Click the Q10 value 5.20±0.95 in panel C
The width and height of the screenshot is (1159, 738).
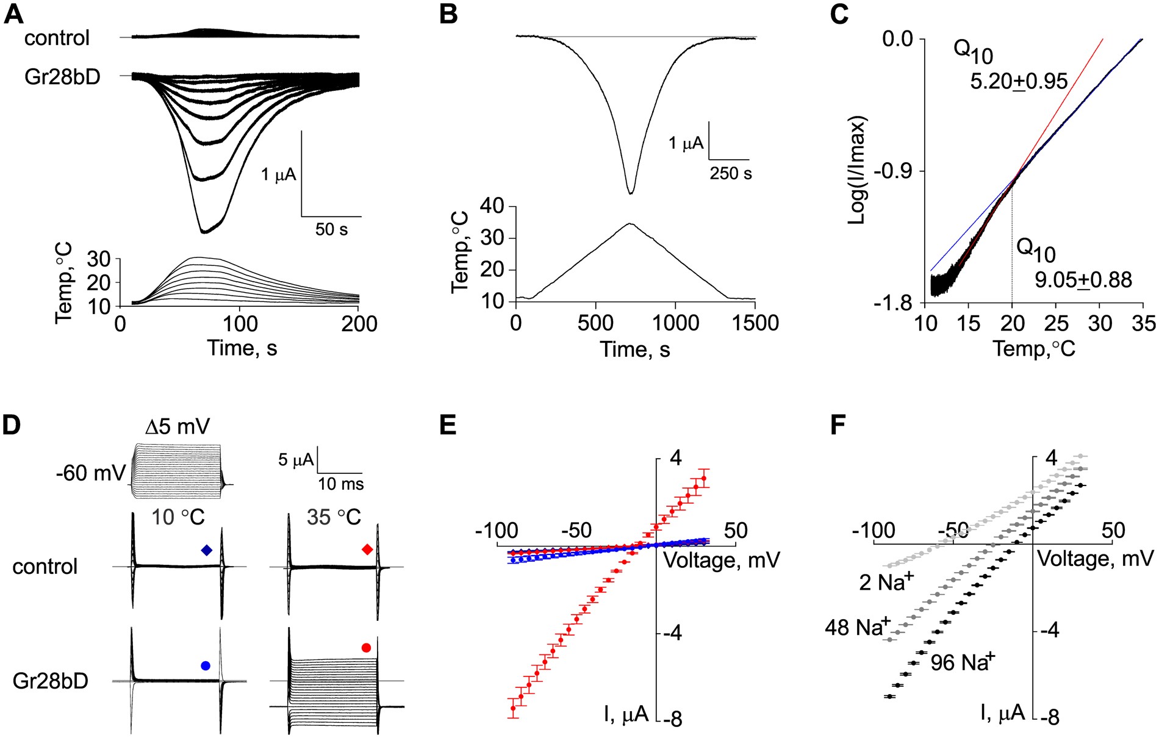(x=1019, y=82)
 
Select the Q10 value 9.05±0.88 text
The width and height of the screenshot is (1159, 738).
(x=1083, y=280)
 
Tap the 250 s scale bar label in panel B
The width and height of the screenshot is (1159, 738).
(x=730, y=174)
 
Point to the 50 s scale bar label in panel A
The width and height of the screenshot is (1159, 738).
(x=331, y=229)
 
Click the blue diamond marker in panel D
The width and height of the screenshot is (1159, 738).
(x=207, y=550)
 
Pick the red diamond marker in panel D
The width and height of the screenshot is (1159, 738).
(x=367, y=550)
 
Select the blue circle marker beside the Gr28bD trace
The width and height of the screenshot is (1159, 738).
(x=205, y=665)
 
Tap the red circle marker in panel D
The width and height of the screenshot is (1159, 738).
(x=366, y=648)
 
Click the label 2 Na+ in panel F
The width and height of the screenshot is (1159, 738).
(x=886, y=582)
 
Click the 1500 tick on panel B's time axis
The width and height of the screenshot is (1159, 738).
(x=755, y=323)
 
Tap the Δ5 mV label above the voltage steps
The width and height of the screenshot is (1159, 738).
(x=178, y=427)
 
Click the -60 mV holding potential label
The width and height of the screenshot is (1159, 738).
(x=91, y=473)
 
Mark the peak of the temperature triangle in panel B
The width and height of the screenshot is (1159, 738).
(x=630, y=224)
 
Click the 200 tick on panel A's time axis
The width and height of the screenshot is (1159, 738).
(x=359, y=323)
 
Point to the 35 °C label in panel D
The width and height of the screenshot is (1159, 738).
(x=334, y=517)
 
